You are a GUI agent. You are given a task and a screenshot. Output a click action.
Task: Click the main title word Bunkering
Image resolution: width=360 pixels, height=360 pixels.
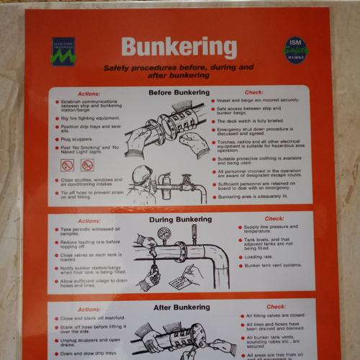[x=179, y=48]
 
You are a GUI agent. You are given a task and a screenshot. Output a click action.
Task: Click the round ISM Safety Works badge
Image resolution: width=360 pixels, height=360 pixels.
[x=294, y=50]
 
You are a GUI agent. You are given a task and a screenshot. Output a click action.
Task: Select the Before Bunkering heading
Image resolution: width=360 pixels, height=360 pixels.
[x=179, y=92]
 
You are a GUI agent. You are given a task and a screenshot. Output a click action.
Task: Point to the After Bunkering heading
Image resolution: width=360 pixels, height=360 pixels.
[x=179, y=307]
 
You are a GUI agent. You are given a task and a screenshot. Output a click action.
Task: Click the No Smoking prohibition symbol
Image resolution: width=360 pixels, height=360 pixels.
[x=68, y=165]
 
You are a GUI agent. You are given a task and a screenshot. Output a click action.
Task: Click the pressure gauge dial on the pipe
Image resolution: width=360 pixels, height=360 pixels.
[x=164, y=235]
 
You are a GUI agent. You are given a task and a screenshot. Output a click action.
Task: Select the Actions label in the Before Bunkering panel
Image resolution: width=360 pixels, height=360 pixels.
[x=89, y=94]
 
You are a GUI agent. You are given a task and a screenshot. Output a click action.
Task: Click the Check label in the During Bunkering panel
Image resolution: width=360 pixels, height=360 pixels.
[x=274, y=219]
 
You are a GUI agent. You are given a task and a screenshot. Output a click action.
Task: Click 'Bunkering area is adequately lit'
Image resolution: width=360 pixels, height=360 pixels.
[x=252, y=197]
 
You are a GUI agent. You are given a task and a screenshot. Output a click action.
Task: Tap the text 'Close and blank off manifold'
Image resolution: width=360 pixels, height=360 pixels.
[x=92, y=318]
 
